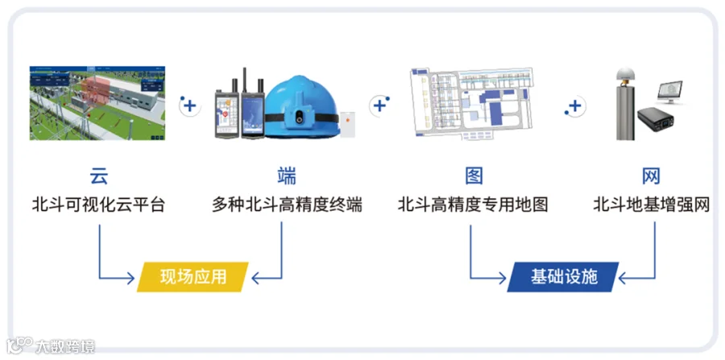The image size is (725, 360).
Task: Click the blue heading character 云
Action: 98,176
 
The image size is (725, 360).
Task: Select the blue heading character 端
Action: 287,176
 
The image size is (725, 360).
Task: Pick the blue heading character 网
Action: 652,176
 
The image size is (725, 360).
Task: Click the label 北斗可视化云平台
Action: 98,205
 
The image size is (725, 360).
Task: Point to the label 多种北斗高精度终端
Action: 287,205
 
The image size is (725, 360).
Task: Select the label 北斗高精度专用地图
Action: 473,205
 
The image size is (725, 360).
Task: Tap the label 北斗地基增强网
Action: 652,205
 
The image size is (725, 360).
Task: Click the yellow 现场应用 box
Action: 193,277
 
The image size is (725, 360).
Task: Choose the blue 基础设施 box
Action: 564,277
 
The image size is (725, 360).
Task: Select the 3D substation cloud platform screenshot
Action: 97,103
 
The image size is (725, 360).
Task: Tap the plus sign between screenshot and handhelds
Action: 189,106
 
